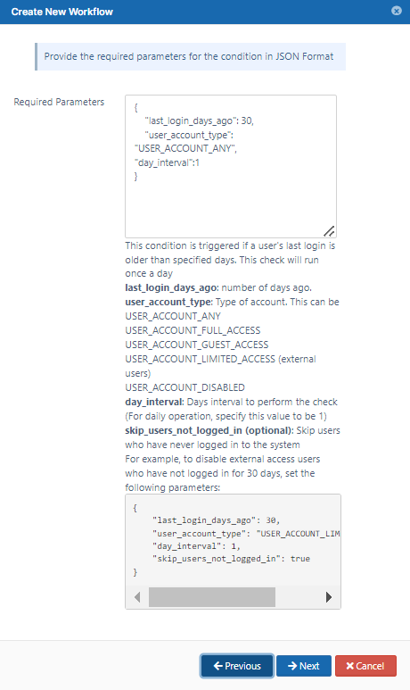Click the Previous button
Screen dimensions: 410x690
click(237, 666)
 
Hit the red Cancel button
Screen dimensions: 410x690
click(365, 666)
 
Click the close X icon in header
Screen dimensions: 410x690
click(397, 11)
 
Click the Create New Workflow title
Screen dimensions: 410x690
click(62, 12)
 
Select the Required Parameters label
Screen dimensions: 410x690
click(59, 102)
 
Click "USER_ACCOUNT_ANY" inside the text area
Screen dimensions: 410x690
click(186, 149)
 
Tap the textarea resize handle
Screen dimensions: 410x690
click(329, 230)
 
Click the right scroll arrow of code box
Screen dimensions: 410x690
click(329, 597)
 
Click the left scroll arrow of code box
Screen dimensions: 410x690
click(137, 597)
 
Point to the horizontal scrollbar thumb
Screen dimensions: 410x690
click(212, 597)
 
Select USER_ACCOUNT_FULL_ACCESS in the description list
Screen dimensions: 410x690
click(193, 330)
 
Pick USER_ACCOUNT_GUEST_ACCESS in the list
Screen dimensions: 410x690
click(196, 345)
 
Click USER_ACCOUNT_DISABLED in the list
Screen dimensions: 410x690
click(185, 387)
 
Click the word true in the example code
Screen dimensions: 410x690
click(300, 559)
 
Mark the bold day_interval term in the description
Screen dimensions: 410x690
click(154, 403)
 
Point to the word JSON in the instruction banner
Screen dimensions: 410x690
click(287, 56)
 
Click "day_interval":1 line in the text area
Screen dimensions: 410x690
click(167, 162)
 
